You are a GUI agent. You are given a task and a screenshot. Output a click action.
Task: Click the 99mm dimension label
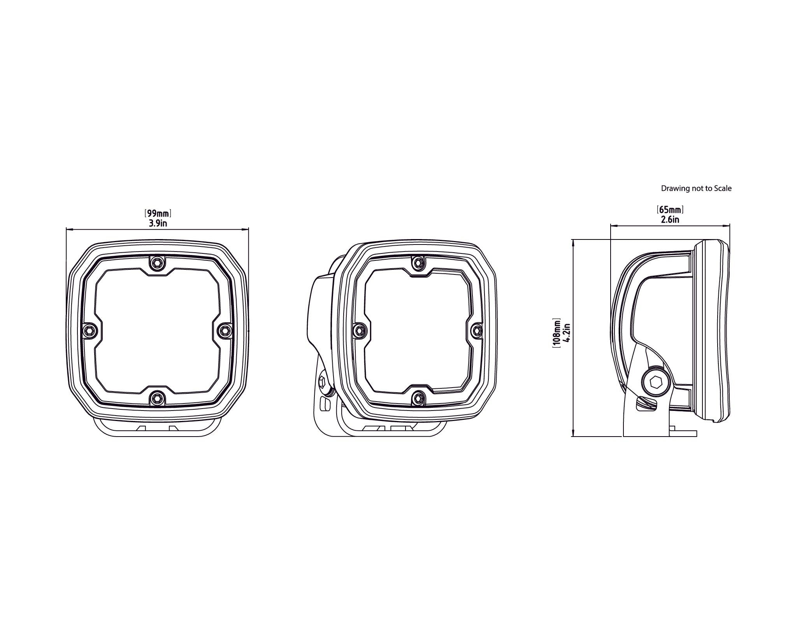pos(158,213)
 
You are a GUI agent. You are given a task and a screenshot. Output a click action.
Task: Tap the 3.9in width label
pos(158,223)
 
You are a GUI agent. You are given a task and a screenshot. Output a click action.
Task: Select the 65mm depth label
pos(670,210)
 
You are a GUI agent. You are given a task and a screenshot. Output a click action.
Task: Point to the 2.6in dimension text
pos(670,220)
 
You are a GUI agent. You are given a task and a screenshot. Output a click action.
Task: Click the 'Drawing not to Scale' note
pos(696,189)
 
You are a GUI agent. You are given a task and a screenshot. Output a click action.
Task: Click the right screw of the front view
pos(224,330)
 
